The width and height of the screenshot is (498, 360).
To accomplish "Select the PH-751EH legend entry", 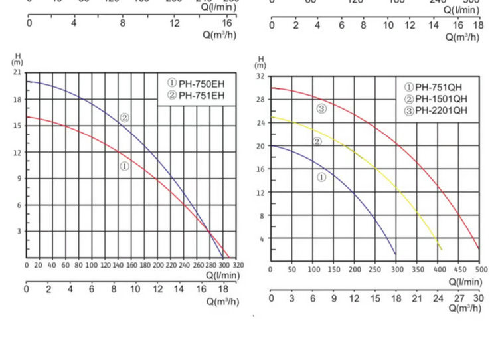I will click(197, 95).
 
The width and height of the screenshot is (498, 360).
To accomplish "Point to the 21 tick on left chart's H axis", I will click(17, 72).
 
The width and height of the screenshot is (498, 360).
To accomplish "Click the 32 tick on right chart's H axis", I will click(261, 76).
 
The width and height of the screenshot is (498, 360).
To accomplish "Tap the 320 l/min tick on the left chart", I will click(238, 265).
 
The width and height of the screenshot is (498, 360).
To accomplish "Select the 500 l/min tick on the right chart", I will click(479, 270).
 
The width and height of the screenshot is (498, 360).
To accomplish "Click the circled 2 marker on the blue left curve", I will click(124, 118).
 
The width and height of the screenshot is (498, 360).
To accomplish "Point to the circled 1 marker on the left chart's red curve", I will click(124, 166).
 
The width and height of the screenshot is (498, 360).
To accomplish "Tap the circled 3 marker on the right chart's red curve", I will click(321, 108).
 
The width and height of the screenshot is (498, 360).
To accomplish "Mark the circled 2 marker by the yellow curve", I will click(317, 141).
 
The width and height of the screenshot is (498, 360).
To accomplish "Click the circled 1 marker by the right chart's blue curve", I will click(321, 177).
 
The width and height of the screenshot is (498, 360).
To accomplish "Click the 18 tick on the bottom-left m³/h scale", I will click(222, 290).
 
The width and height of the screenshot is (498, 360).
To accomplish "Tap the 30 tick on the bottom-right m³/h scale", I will click(479, 298).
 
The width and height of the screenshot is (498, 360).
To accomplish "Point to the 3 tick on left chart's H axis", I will click(19, 231).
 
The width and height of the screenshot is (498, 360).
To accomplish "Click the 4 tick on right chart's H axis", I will click(262, 238).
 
